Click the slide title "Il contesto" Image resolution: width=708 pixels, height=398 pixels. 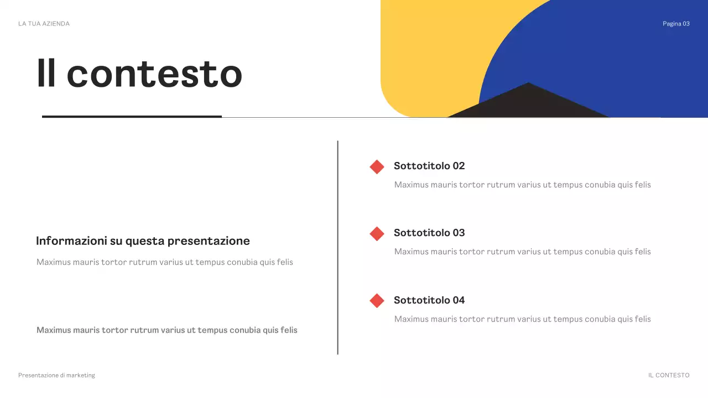[x=139, y=74]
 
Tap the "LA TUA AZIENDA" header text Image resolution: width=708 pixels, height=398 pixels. [x=44, y=24]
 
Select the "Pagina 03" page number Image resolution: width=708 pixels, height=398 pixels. [x=676, y=24]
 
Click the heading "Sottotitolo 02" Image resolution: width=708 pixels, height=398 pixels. [x=429, y=166]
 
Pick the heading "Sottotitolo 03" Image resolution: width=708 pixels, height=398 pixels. [x=429, y=233]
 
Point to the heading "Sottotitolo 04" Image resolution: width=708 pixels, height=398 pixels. [x=429, y=300]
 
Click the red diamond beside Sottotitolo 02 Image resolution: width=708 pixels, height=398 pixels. [x=377, y=167]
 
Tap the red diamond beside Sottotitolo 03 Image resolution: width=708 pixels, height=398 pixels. [x=377, y=234]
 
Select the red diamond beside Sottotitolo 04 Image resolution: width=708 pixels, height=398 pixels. [x=377, y=301]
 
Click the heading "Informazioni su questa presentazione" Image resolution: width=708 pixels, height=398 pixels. [x=143, y=241]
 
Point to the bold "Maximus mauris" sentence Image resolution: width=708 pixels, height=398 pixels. [x=166, y=330]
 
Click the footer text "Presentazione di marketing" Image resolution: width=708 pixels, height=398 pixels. [x=56, y=375]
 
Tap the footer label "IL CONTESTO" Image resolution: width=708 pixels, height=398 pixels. [x=669, y=375]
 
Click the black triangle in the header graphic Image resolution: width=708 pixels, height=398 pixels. [x=528, y=103]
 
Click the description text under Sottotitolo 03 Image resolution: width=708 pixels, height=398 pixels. [x=522, y=252]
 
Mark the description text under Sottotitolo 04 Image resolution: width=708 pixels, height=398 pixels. [x=522, y=319]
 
